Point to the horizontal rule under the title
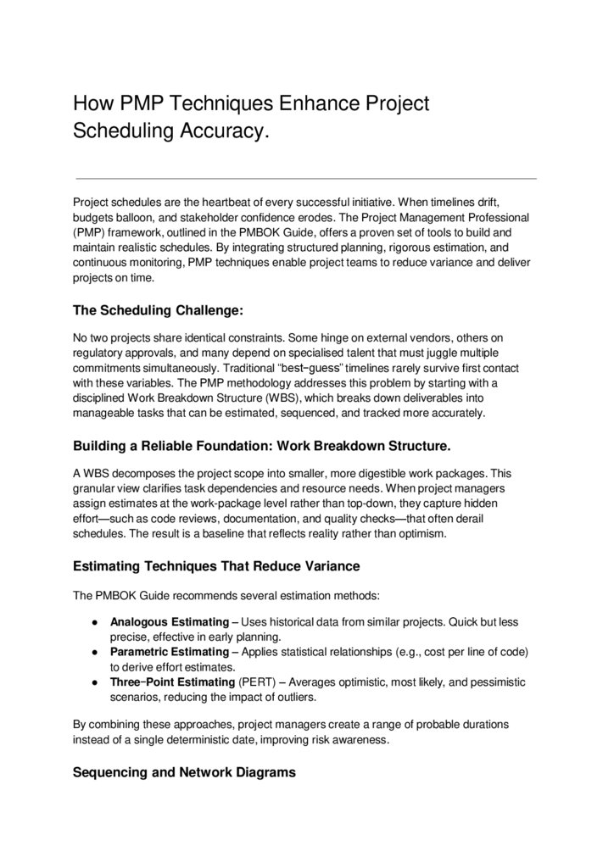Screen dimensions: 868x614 click(x=306, y=179)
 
